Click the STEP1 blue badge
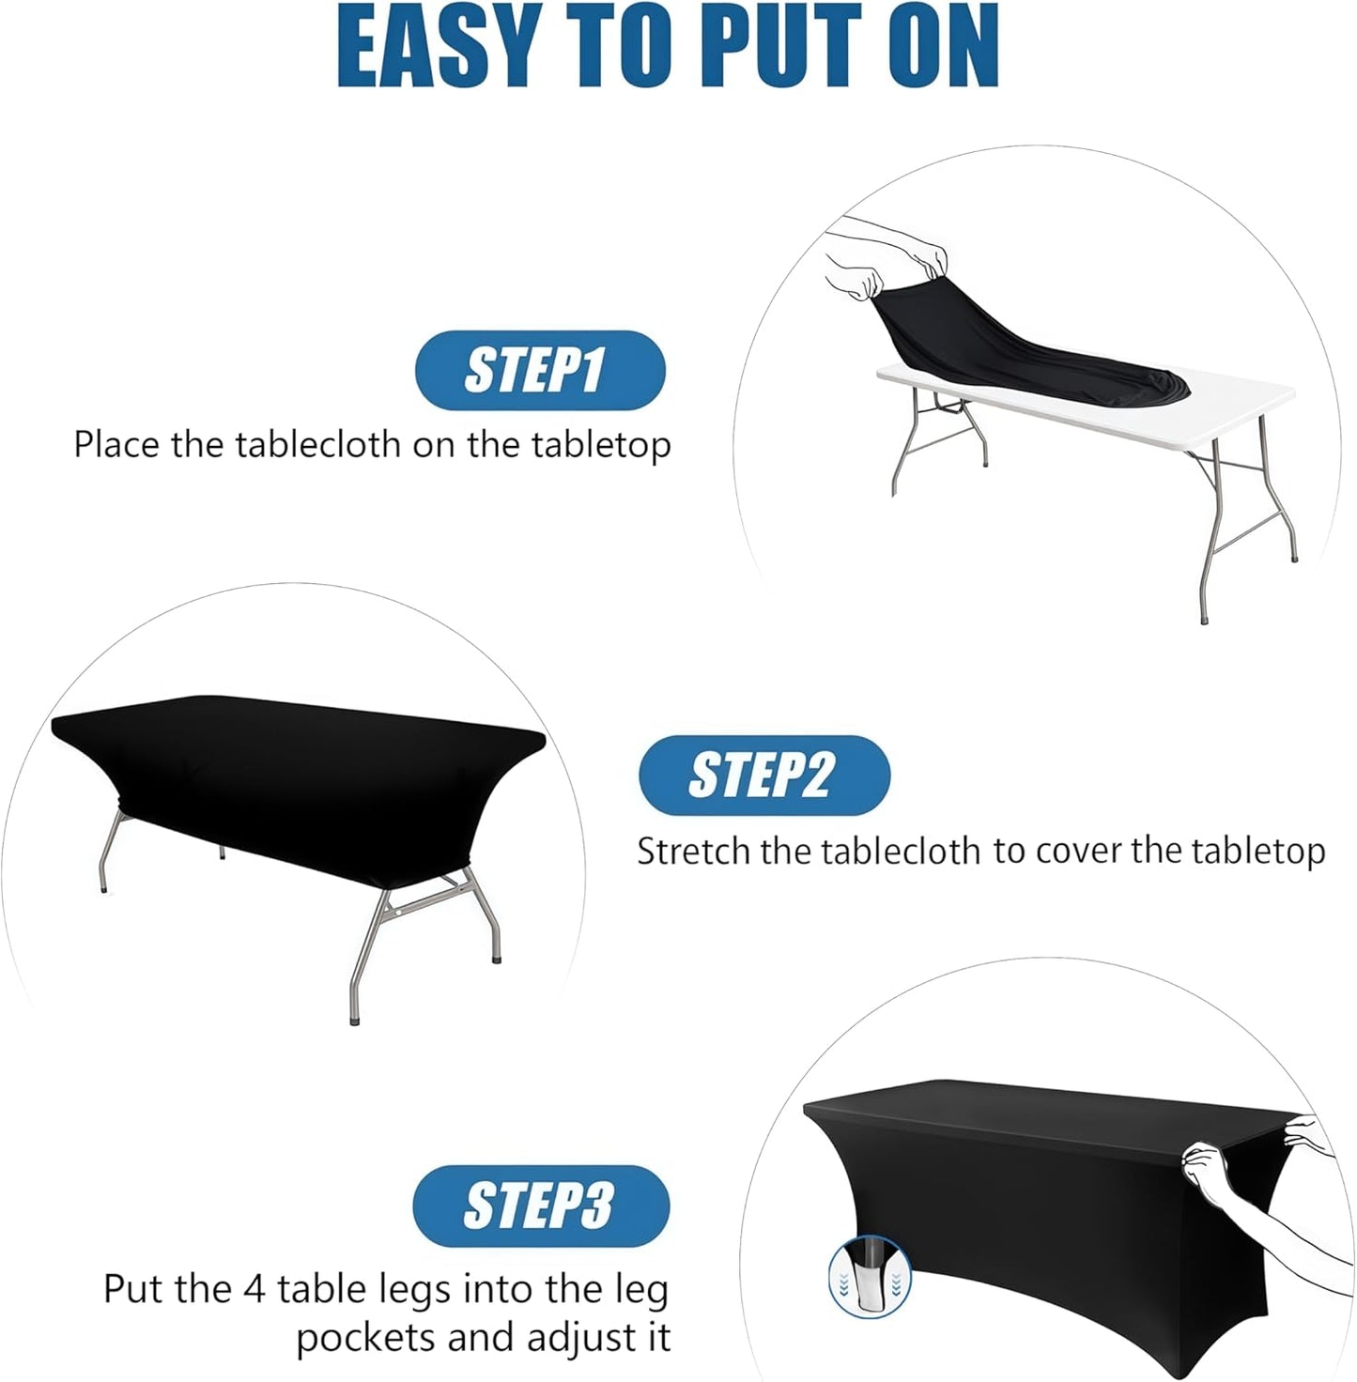click(539, 370)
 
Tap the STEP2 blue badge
click(763, 775)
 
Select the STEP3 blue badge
click(540, 1205)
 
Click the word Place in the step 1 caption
click(117, 444)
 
